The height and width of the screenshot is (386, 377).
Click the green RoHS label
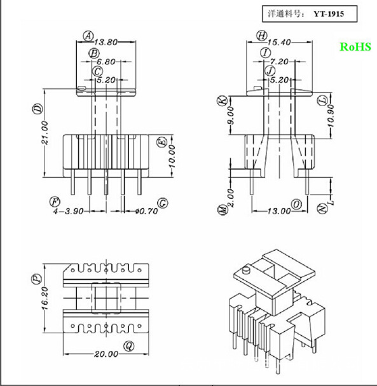353,47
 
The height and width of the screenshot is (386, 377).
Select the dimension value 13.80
107,41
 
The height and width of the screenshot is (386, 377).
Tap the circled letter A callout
88,36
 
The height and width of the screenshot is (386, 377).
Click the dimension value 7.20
280,61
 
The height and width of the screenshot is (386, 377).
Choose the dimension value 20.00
107,354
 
